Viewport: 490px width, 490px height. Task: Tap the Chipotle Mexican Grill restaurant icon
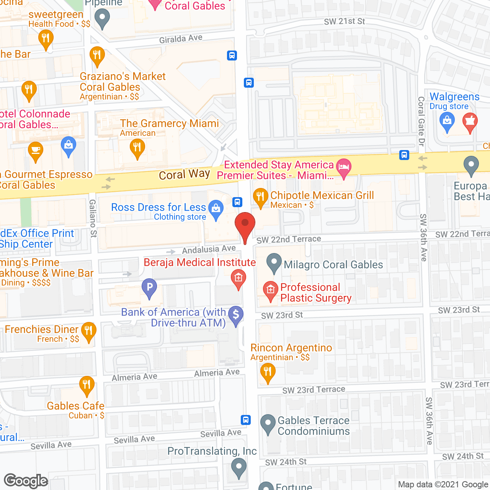tap(260, 198)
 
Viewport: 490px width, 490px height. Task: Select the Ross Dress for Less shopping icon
tap(216, 209)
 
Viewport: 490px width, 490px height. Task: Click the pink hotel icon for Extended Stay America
tap(344, 167)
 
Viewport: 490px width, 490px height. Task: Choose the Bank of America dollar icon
tap(236, 315)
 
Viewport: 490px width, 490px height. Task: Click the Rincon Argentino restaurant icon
tap(268, 372)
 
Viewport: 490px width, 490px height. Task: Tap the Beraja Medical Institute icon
tap(238, 278)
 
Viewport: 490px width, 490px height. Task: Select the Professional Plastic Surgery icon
tap(270, 291)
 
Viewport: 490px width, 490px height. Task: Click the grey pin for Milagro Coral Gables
tap(274, 263)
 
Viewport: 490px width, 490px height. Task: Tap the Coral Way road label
tap(184, 175)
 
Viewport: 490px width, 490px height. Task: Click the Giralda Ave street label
tap(181, 39)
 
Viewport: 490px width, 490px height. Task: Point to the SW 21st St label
tap(344, 21)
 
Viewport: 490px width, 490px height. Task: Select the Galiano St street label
tap(93, 218)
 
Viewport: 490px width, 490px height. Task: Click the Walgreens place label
tap(454, 97)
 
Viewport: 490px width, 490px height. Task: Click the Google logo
tap(26, 481)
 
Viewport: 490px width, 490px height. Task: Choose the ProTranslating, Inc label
tap(212, 451)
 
